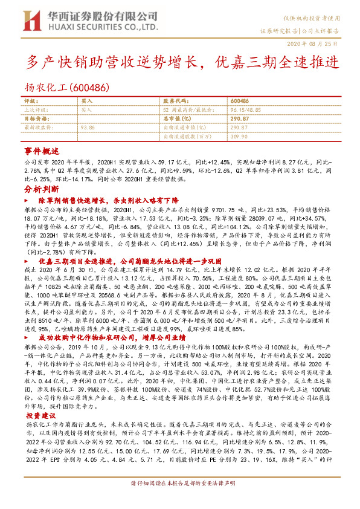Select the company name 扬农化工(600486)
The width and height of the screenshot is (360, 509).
[67, 87]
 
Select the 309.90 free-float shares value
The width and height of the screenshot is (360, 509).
[240, 137]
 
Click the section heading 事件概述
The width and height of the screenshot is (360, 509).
[41, 151]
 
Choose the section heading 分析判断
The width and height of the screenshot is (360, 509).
[41, 189]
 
